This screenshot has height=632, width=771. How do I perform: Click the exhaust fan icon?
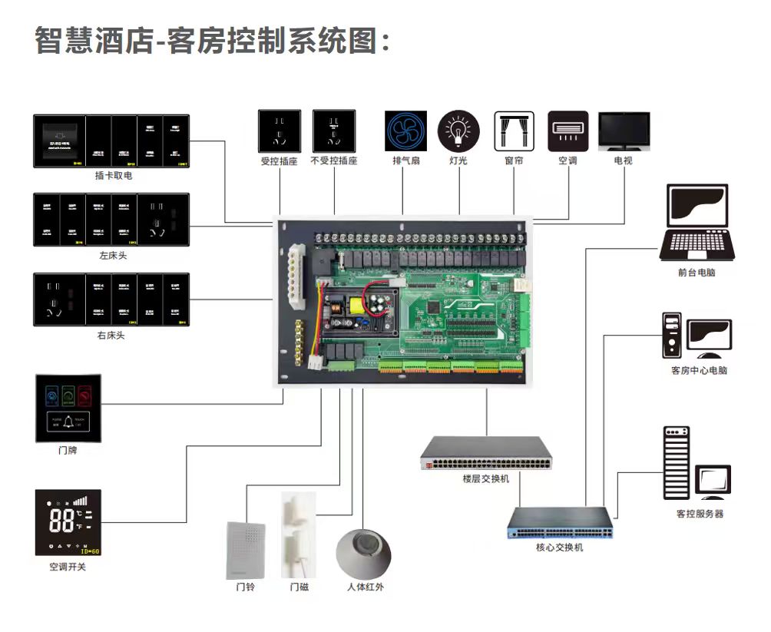[x=405, y=131]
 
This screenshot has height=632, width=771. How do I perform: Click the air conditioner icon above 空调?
[x=567, y=131]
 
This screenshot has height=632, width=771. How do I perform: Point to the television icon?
[x=624, y=131]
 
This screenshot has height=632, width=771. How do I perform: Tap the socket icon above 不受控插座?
[x=334, y=131]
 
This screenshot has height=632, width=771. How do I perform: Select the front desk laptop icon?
[x=697, y=223]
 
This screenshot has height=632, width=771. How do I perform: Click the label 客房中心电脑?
[x=698, y=371]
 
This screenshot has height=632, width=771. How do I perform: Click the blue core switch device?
[x=560, y=524]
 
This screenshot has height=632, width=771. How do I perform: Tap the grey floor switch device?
[x=485, y=453]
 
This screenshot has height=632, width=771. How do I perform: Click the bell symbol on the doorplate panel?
[x=68, y=421]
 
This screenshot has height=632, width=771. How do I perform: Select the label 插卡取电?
[x=113, y=176]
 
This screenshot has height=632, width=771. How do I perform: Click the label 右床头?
[x=111, y=336]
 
